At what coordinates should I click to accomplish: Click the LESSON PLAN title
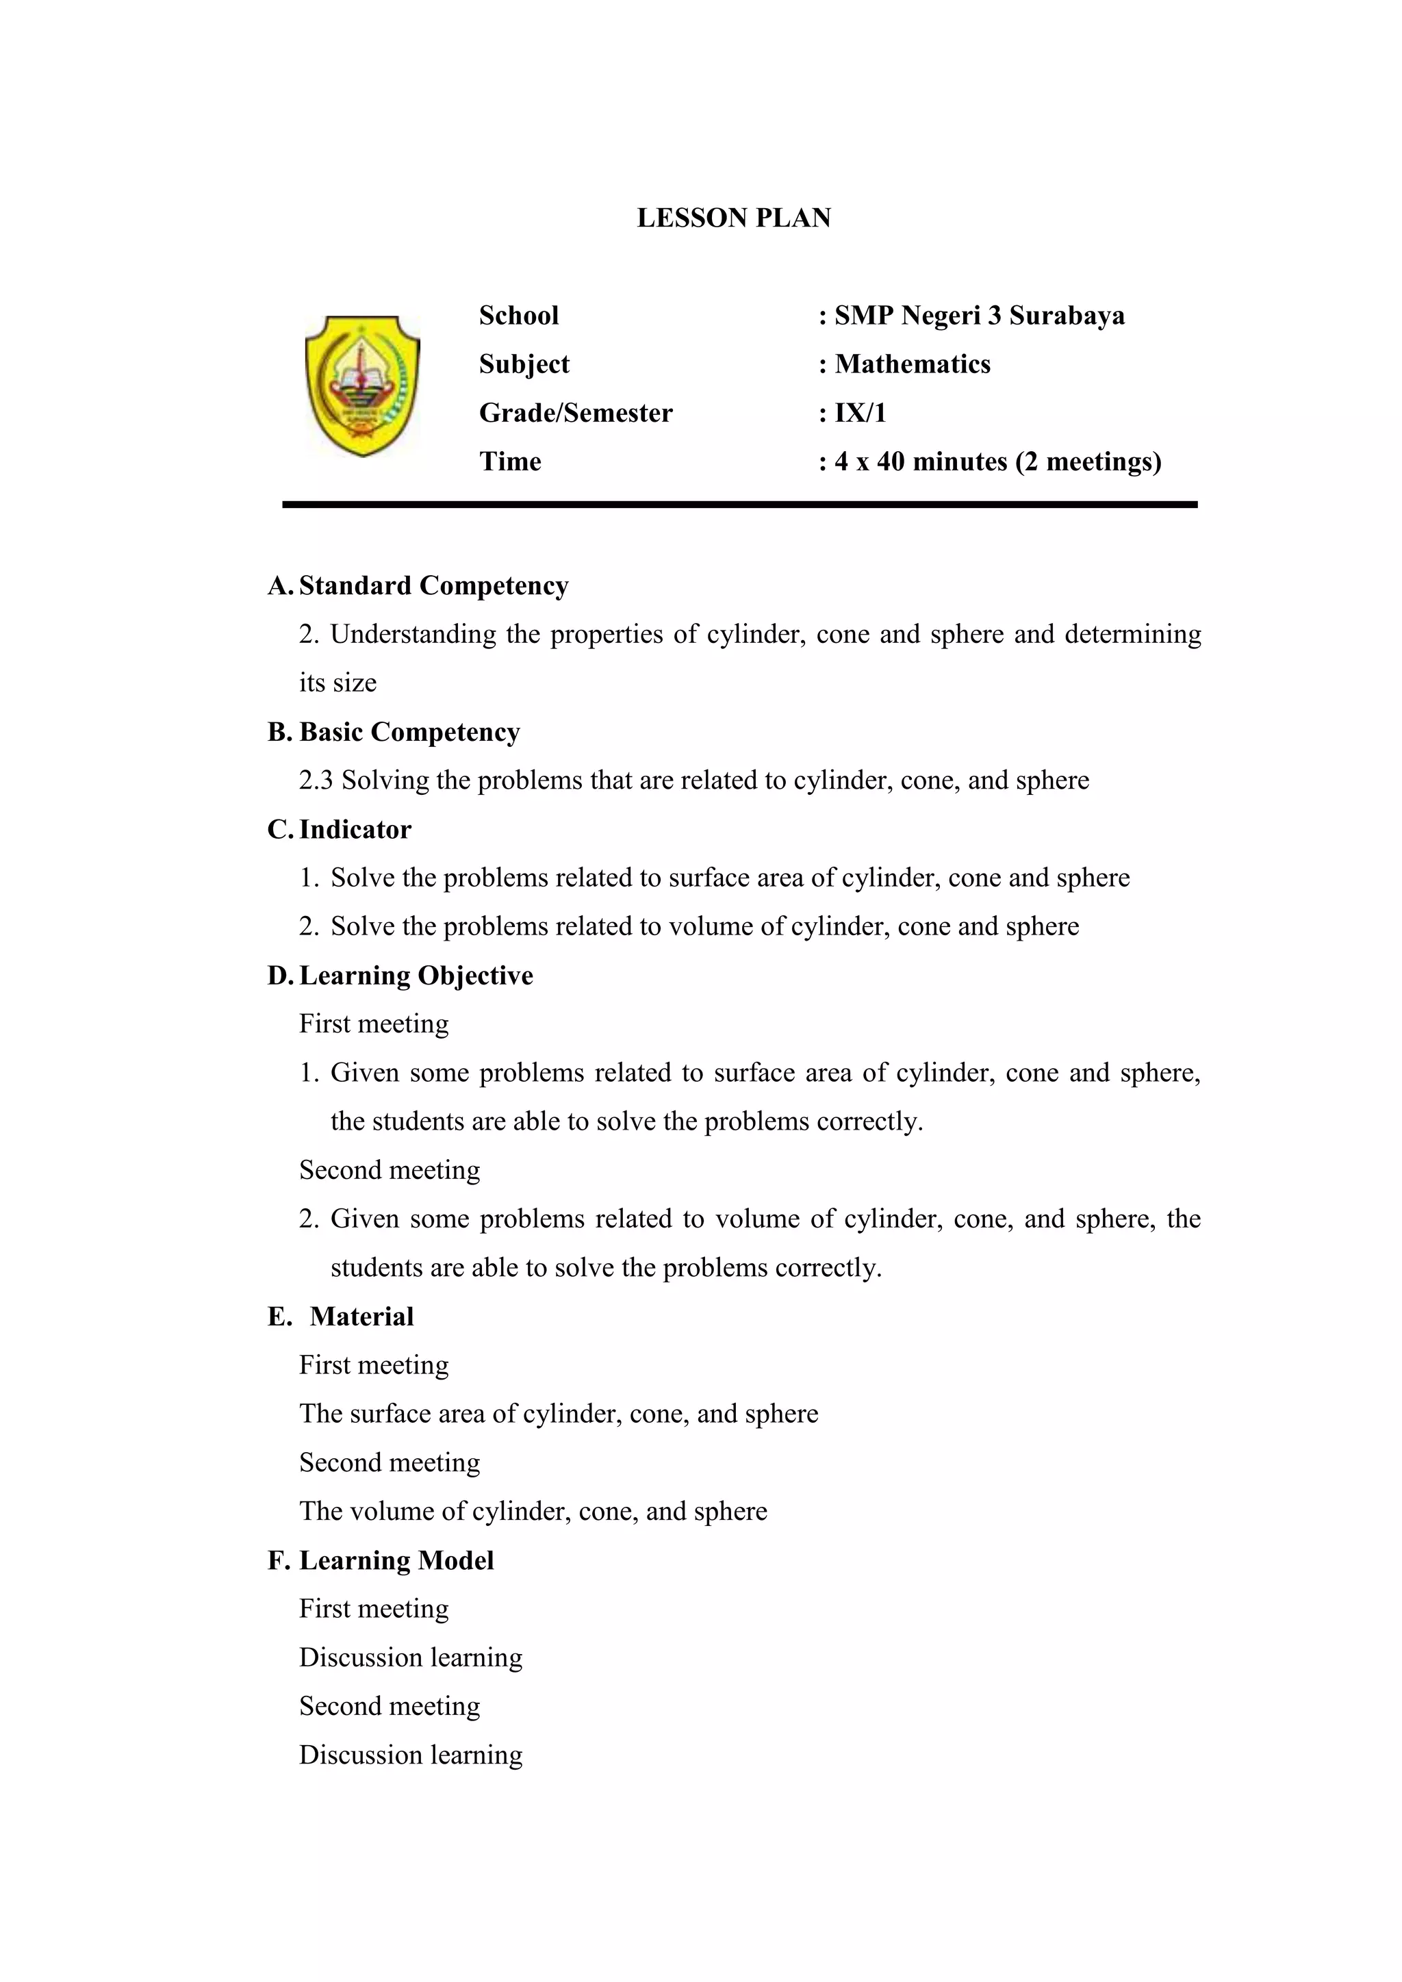734,218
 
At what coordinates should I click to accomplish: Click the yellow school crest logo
363,386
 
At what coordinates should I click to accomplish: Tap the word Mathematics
913,364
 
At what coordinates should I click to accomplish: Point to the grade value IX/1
860,413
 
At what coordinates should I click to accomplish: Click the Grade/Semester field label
576,413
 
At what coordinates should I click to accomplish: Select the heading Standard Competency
433,585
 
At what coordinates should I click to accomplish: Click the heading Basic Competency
409,731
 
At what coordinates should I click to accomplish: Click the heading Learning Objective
416,975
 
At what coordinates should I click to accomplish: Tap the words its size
337,683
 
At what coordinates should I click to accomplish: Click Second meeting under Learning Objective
390,1170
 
